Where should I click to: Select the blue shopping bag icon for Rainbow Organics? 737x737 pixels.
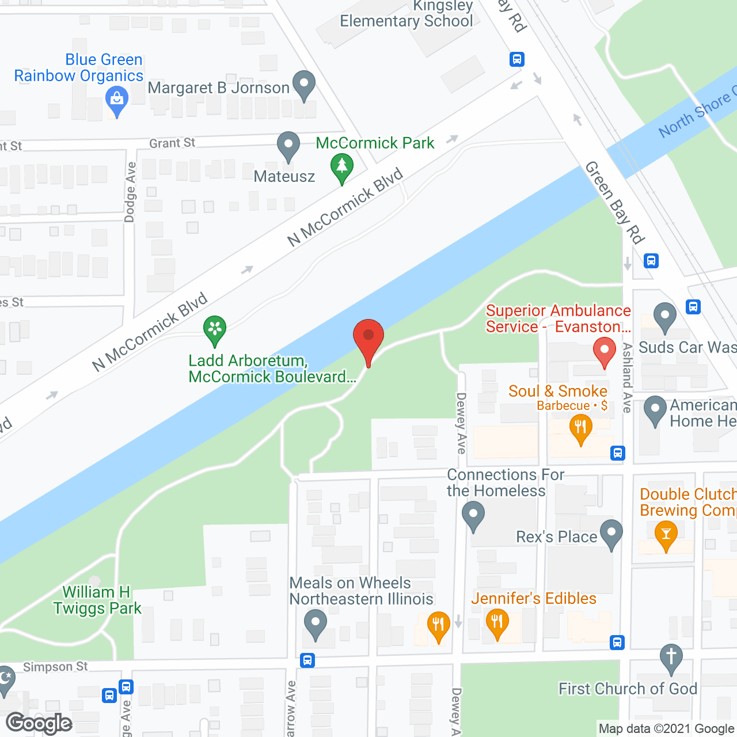pyautogui.click(x=117, y=100)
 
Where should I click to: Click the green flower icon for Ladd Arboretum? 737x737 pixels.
pyautogui.click(x=215, y=330)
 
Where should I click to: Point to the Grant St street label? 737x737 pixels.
pyautogui.click(x=172, y=143)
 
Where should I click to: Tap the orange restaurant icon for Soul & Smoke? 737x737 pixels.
pyautogui.click(x=580, y=428)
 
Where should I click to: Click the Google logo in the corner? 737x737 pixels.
pyautogui.click(x=39, y=723)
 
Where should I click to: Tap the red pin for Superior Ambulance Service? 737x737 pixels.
pyautogui.click(x=604, y=351)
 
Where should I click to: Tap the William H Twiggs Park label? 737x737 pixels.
pyautogui.click(x=97, y=601)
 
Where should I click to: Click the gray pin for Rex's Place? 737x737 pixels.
pyautogui.click(x=611, y=533)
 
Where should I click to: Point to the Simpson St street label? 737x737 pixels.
pyautogui.click(x=55, y=667)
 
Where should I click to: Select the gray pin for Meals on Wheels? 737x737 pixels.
pyautogui.click(x=315, y=624)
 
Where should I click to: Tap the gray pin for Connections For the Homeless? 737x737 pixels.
pyautogui.click(x=473, y=515)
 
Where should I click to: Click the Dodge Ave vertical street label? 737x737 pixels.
pyautogui.click(x=130, y=192)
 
